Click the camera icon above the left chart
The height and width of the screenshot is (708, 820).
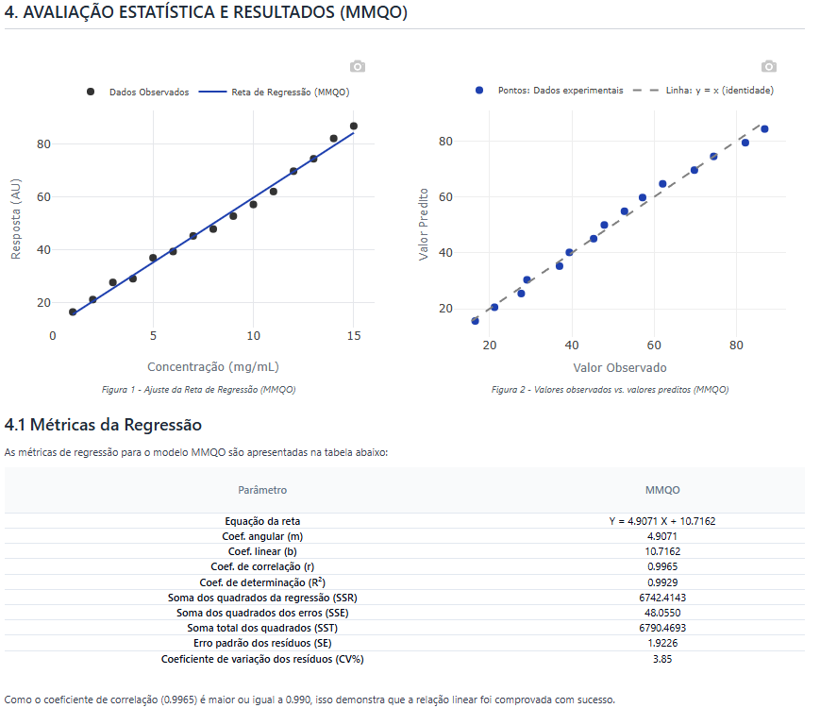coord(358,66)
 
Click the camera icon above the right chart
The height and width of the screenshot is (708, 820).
coord(769,66)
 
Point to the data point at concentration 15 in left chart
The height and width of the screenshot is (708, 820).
coord(354,126)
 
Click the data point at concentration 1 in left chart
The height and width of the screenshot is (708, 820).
coord(73,312)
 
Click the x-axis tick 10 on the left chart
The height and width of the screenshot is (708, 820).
coord(253,336)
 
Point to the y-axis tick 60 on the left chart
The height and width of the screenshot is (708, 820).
coord(43,197)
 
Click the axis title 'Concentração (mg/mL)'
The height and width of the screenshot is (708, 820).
coord(213,367)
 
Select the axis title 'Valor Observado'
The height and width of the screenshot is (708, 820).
coord(620,368)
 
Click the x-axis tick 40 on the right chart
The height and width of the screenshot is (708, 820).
coord(572,346)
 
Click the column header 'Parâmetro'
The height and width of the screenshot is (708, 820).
coord(262,490)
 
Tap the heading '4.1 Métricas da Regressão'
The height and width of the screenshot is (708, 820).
coord(103,426)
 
